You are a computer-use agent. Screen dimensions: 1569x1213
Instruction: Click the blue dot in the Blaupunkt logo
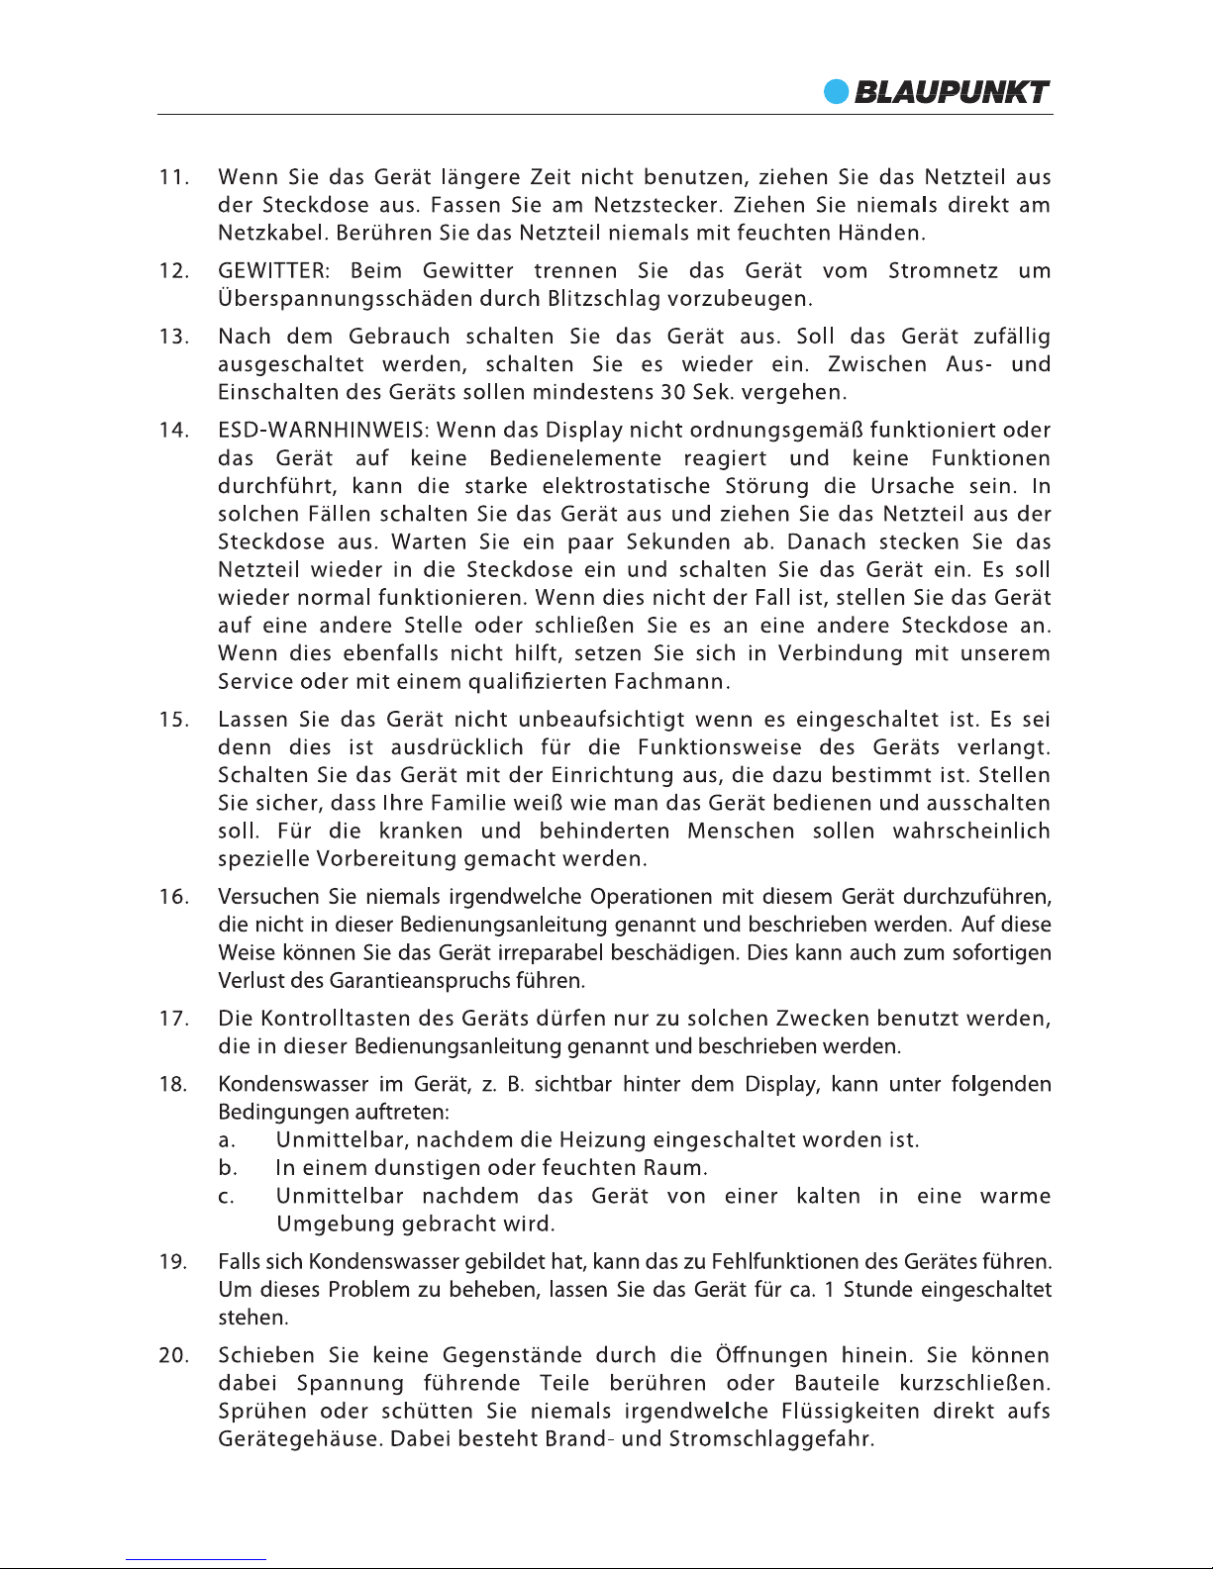pyautogui.click(x=838, y=91)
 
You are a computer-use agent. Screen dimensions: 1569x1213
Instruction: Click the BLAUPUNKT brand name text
pyautogui.click(x=952, y=92)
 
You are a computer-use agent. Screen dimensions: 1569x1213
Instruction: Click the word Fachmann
pyautogui.click(x=672, y=682)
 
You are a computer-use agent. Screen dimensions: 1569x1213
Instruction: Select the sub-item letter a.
pyautogui.click(x=226, y=1140)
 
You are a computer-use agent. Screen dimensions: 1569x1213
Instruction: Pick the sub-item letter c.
pyautogui.click(x=226, y=1197)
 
